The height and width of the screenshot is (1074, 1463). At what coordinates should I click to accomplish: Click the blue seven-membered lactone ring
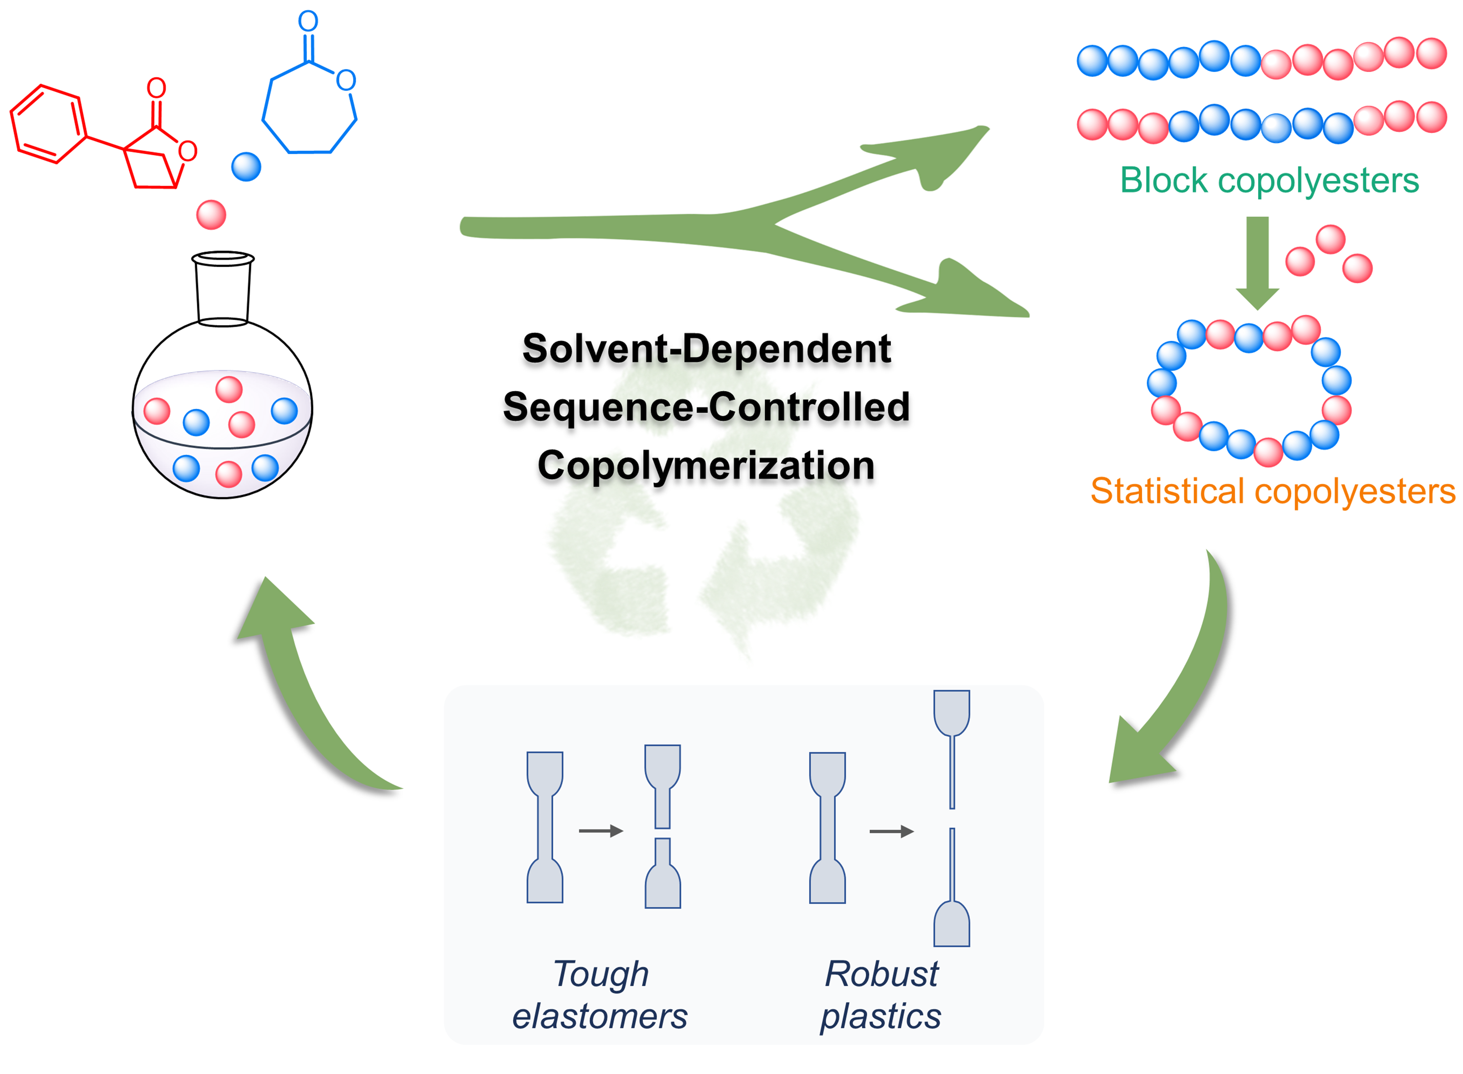pyautogui.click(x=308, y=111)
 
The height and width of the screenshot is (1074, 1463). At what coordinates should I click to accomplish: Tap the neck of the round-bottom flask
pyautogui.click(x=223, y=290)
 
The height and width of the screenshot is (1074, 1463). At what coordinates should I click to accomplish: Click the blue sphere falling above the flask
pyautogui.click(x=246, y=166)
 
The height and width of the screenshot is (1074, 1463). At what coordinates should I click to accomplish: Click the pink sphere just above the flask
pyautogui.click(x=211, y=215)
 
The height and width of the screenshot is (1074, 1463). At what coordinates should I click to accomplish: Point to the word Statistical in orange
pyautogui.click(x=1167, y=491)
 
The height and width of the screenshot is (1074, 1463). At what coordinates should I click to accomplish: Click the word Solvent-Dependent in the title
pyautogui.click(x=706, y=349)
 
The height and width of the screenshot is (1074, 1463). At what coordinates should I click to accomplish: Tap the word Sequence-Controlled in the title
pyautogui.click(x=706, y=407)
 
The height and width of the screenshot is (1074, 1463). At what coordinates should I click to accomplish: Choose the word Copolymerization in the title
pyautogui.click(x=706, y=466)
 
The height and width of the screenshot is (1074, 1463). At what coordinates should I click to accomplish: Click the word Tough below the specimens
pyautogui.click(x=601, y=974)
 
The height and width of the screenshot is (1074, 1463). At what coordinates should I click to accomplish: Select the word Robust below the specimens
pyautogui.click(x=881, y=974)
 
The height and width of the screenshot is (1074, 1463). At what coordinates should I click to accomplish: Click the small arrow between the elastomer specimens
pyautogui.click(x=600, y=830)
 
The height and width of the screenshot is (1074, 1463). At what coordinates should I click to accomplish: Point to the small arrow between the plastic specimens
pyautogui.click(x=891, y=831)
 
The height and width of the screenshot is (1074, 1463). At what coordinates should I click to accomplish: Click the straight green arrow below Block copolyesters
pyautogui.click(x=1257, y=260)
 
